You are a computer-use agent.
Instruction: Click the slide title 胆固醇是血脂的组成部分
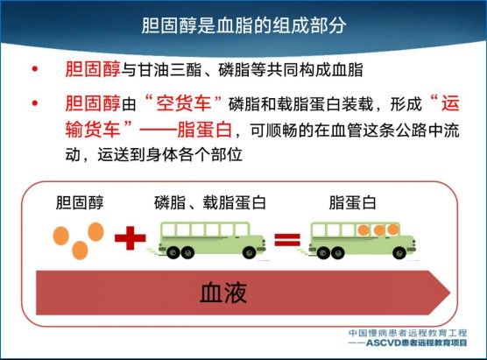coord(243,25)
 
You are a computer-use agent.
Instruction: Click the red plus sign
coord(131,238)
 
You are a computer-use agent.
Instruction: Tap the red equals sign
coord(287,239)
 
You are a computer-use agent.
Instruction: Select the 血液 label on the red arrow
coord(223,293)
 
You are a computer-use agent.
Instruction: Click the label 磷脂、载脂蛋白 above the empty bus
coord(210,203)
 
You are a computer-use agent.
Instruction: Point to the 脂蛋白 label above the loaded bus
coord(352,203)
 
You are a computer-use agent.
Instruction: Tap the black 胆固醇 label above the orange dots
coord(80,203)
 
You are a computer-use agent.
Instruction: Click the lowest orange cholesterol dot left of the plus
coord(80,251)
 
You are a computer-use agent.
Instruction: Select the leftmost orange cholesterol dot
coord(61,236)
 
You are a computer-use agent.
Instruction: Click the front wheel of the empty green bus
coord(249,253)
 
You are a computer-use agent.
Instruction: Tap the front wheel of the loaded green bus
coord(399,253)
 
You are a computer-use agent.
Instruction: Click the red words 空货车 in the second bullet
coord(184,103)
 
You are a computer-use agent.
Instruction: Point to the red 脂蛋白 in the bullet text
coord(205,130)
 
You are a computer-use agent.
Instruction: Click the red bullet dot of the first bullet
coord(35,69)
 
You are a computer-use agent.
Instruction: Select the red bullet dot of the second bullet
coord(35,103)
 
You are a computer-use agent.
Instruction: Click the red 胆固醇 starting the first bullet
coord(93,69)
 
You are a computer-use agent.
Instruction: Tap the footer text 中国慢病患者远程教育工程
coord(407,333)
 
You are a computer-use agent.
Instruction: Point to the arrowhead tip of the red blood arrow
coord(450,293)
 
